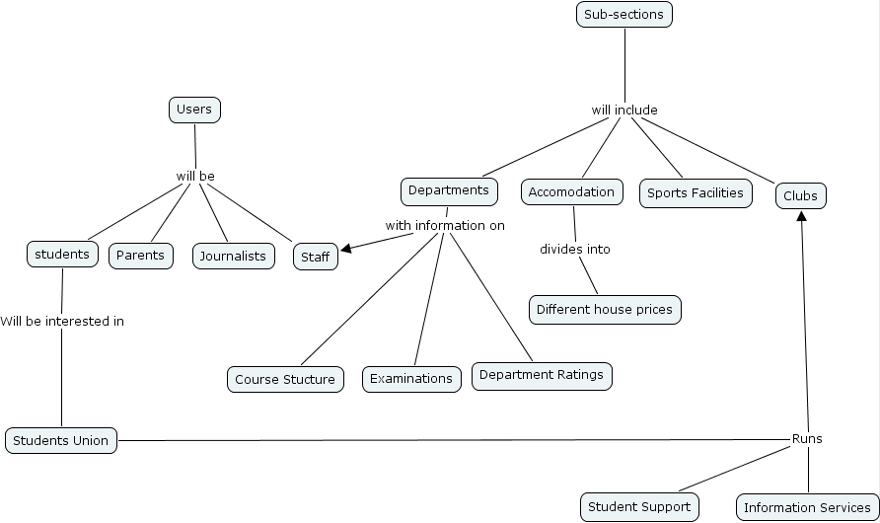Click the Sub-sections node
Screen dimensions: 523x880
coord(624,15)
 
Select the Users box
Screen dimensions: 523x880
coord(194,110)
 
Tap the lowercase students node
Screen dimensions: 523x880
coord(62,255)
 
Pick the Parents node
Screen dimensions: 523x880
coord(140,257)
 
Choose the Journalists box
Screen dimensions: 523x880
coord(233,257)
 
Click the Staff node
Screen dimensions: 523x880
coord(316,258)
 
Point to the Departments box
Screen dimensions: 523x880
coord(448,190)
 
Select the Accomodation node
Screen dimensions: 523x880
coord(571,192)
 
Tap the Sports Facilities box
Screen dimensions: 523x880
coord(696,193)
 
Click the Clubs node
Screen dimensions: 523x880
coord(800,196)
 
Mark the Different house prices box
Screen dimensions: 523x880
coord(605,310)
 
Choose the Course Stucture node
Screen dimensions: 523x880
coord(285,379)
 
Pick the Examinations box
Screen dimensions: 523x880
coord(411,379)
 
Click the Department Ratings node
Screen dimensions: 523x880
coord(542,376)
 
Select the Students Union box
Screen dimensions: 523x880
coord(61,440)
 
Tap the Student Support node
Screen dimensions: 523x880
coord(639,507)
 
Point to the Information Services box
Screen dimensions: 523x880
coord(807,508)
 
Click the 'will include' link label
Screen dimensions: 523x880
coord(624,110)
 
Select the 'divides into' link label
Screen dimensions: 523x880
coord(575,250)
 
